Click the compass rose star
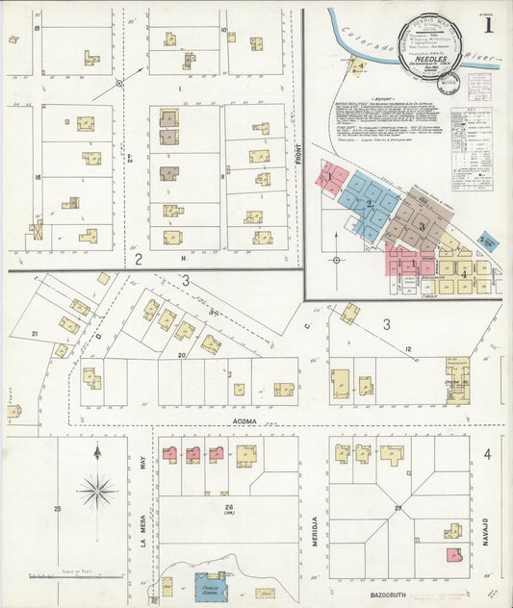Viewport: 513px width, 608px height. (97, 492)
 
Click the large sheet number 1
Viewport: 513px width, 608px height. (489, 27)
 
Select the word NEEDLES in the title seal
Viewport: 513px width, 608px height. (424, 57)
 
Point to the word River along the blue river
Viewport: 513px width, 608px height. (480, 59)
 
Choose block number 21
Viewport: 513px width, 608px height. (36, 333)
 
